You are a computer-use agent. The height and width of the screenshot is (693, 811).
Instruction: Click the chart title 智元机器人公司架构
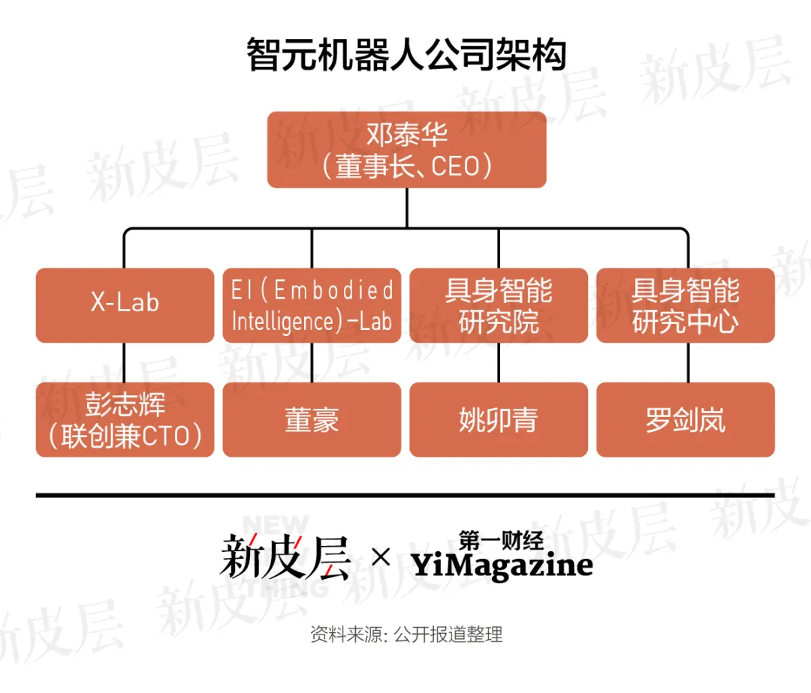tap(405, 56)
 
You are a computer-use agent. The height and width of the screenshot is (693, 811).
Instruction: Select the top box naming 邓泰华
tap(406, 149)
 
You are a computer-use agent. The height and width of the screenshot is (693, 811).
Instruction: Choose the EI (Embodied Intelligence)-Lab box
tap(312, 305)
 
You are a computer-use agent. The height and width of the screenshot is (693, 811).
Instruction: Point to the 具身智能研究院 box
tap(499, 305)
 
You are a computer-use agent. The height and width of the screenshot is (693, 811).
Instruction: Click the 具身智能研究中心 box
tap(686, 305)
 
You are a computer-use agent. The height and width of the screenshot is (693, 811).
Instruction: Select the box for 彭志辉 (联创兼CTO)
tap(125, 420)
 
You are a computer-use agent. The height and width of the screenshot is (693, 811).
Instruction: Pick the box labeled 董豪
tap(312, 420)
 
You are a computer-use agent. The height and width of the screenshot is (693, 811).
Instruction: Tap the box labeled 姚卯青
tap(499, 420)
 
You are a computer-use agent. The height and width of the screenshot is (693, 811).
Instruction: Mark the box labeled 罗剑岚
tap(686, 420)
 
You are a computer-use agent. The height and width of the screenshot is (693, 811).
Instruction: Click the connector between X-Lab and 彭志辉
tap(125, 362)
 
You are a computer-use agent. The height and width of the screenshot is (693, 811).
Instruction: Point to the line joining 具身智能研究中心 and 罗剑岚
tap(686, 362)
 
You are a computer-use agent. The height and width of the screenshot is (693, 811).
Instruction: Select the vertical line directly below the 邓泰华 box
tap(406, 207)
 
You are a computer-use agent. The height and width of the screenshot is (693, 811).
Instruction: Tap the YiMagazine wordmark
tap(502, 565)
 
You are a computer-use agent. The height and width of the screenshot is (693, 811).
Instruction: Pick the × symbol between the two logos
tap(381, 557)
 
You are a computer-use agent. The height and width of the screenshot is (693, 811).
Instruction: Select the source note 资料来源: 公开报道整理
tap(405, 634)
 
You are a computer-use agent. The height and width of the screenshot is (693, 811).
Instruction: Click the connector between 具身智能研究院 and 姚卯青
tap(499, 362)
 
